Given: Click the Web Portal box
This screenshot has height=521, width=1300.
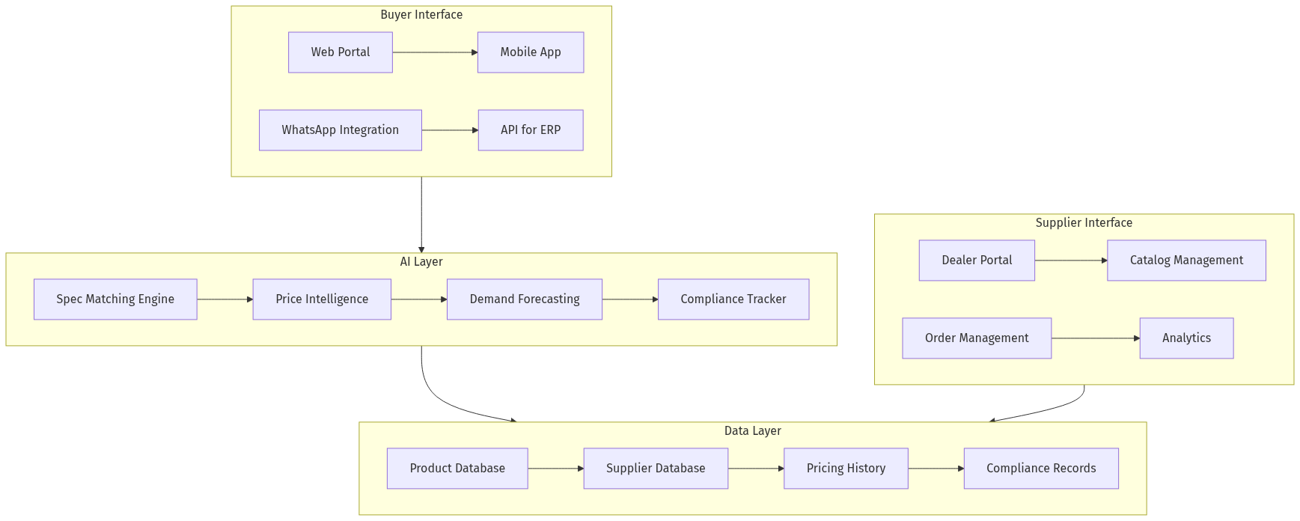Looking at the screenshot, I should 341,52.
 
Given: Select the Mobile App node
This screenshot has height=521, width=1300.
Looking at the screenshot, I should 531,52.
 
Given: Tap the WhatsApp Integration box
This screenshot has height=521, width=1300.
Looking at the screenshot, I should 341,130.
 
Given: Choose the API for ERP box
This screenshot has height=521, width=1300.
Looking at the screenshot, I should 531,130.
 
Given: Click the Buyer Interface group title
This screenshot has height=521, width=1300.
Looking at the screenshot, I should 421,15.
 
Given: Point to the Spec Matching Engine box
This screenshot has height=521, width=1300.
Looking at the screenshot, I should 115,299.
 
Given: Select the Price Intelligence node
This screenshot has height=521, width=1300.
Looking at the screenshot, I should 322,299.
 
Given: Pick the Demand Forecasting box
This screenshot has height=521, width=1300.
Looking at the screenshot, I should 525,299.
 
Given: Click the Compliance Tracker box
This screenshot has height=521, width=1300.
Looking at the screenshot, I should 733,299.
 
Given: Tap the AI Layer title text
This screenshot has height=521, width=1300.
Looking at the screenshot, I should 421,262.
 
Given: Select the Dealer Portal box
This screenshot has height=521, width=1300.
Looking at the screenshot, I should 977,260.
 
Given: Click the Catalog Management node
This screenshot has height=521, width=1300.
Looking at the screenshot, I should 1186,260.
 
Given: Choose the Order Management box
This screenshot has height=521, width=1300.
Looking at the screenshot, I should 977,338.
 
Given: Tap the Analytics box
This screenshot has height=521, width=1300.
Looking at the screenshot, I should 1186,338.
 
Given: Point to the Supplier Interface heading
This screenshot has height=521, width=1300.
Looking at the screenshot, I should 1084,223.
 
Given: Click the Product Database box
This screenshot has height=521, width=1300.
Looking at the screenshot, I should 457,469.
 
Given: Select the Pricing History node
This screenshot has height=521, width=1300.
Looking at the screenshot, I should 846,469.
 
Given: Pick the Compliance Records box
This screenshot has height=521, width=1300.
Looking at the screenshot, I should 1041,469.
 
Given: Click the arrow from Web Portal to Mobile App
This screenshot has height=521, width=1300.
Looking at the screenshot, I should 435,52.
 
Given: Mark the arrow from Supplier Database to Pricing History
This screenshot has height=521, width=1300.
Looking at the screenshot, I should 756,469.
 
